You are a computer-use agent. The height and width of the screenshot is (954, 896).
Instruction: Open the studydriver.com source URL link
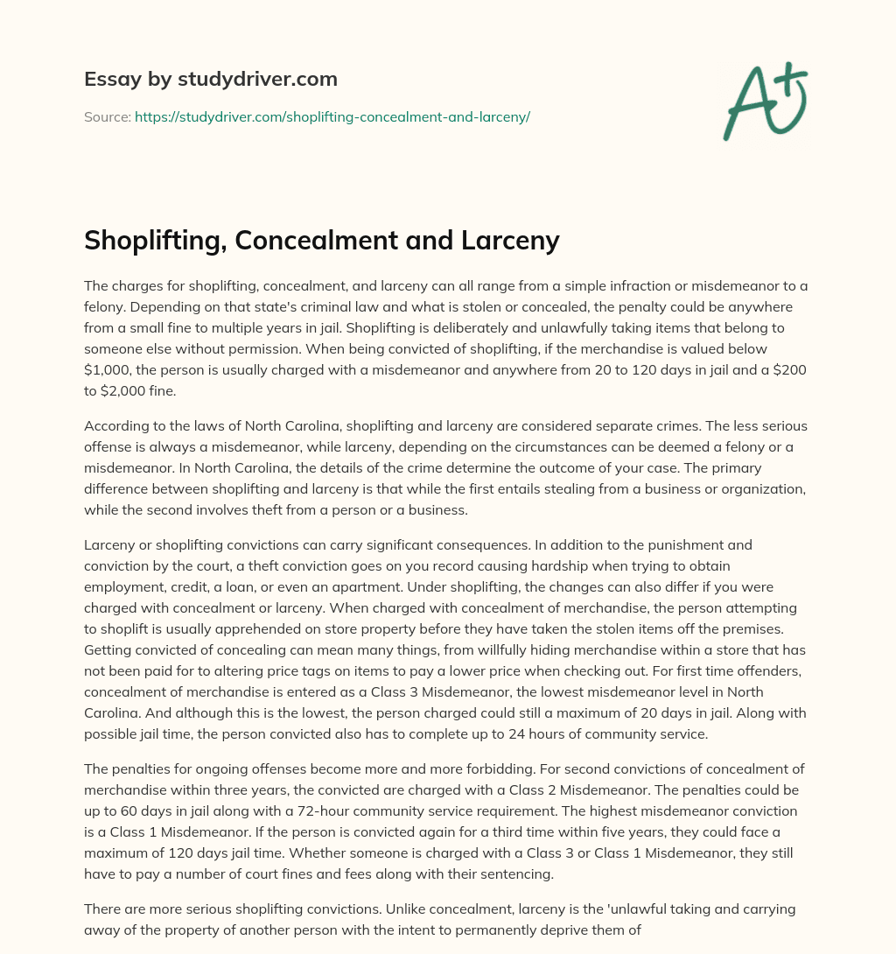[332, 116]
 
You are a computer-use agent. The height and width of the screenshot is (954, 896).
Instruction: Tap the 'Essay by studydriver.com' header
[211, 79]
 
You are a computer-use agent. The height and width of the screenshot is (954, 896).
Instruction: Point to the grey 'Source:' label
[107, 116]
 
